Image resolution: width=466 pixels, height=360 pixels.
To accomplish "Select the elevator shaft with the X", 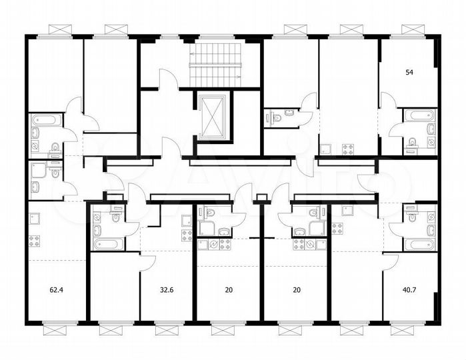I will pyautogui.click(x=213, y=115).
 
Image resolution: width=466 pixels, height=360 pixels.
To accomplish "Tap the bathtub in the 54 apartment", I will pyautogui.click(x=419, y=115).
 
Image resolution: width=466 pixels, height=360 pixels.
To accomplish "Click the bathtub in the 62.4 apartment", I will pyautogui.click(x=45, y=121).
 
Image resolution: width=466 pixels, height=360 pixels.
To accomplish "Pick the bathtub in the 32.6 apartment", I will pyautogui.click(x=108, y=243).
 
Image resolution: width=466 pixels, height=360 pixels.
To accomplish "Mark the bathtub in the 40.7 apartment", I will pyautogui.click(x=419, y=243).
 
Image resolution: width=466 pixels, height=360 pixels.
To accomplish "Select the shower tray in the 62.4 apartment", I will pyautogui.click(x=37, y=169).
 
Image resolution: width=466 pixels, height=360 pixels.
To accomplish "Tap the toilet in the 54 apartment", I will pyautogui.click(x=412, y=141).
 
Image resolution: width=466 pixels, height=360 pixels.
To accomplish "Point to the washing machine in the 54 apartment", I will pyautogui.click(x=431, y=142).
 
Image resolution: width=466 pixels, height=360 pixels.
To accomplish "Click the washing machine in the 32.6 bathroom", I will pyautogui.click(x=97, y=217).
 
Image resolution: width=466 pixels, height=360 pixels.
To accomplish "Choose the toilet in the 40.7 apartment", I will pyautogui.click(x=411, y=217).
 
